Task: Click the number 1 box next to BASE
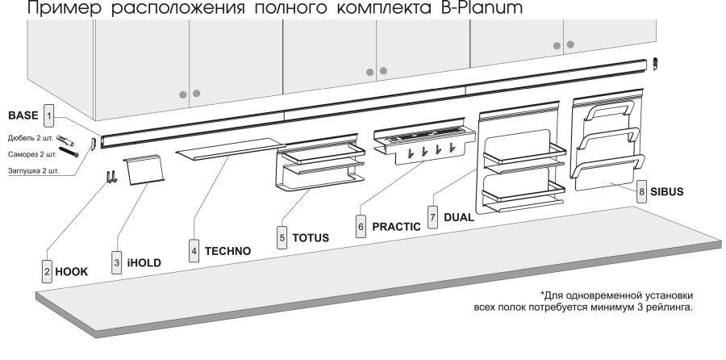pos(49,115)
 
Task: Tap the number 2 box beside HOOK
pos(48,273)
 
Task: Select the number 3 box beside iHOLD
pos(117,262)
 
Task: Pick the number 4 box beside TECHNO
pos(194,251)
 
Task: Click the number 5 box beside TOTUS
pos(282,239)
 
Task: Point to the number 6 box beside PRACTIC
pos(360,227)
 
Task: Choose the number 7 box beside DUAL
pos(433,217)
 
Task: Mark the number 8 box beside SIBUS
pos(641,191)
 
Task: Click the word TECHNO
pos(227,251)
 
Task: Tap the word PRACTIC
pos(396,227)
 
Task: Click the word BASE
pos(23,114)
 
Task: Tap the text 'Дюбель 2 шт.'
pos(31,139)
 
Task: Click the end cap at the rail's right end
pos(656,62)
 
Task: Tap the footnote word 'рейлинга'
pos(667,307)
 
